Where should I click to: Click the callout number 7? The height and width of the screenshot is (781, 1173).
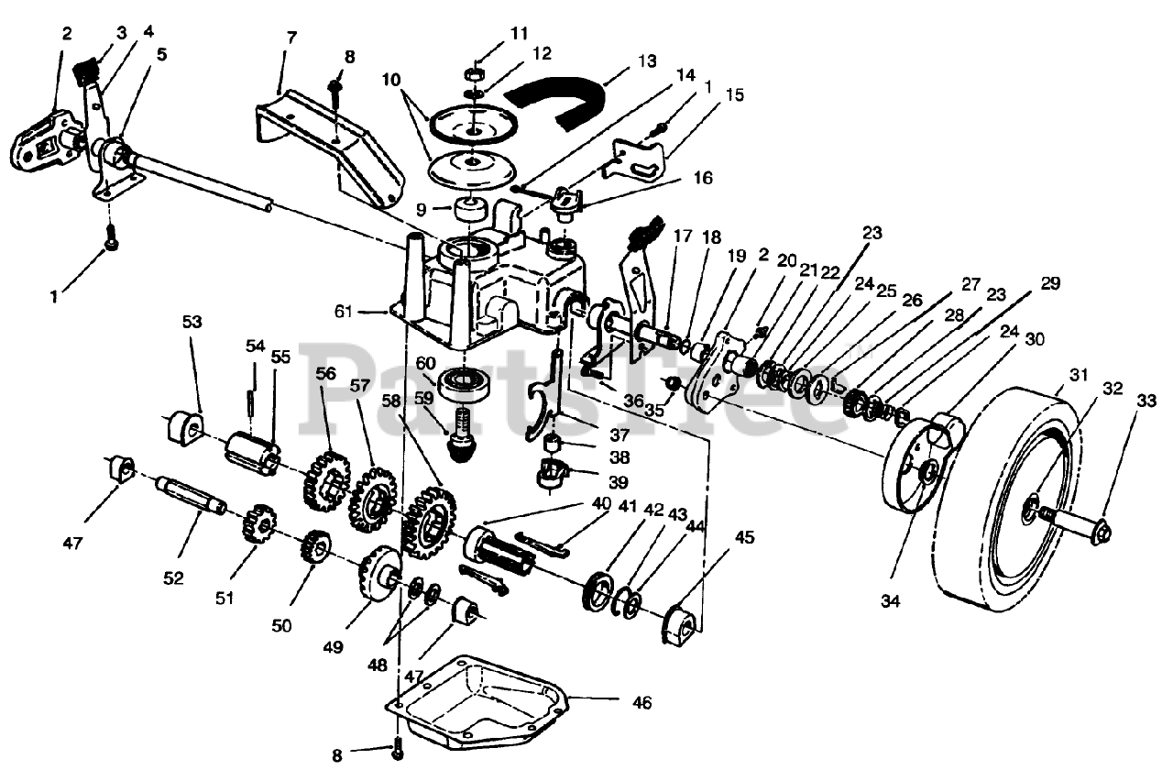(x=291, y=38)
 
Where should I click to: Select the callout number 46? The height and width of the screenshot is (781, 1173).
(x=641, y=703)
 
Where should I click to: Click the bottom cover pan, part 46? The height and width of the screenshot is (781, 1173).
(x=477, y=701)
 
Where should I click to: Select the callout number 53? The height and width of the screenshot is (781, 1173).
(x=192, y=322)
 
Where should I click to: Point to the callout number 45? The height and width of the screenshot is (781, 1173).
(x=743, y=538)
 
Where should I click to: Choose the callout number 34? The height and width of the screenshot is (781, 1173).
(x=891, y=601)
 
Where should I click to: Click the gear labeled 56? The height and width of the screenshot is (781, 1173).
(x=323, y=476)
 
